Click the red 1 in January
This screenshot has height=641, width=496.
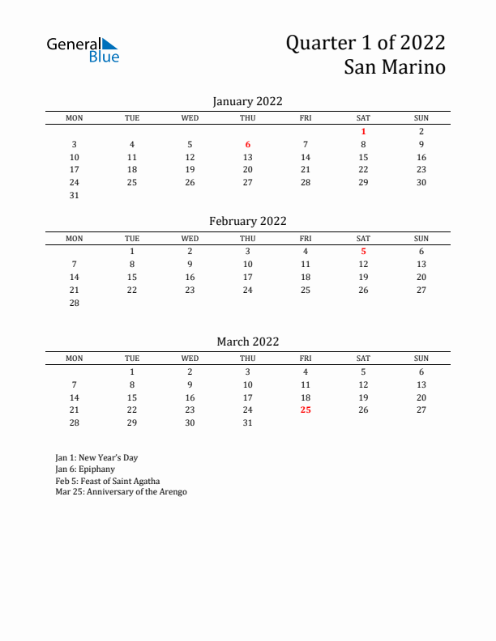pos(363,131)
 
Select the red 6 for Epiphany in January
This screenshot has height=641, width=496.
pos(248,144)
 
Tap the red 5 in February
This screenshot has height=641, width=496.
pos(363,251)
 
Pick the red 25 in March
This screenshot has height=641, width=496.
pos(306,410)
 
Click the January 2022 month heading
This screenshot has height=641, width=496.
pos(247,101)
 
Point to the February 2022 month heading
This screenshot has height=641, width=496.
pos(247,221)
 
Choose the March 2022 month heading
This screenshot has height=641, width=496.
pos(247,342)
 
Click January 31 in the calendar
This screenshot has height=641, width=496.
pos(74,195)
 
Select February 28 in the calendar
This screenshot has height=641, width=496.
pos(74,302)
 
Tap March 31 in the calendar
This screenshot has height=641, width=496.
pos(248,422)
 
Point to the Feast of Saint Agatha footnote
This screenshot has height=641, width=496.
pos(107,480)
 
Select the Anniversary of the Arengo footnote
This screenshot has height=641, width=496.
pos(121,491)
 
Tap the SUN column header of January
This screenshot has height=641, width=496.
pos(421,118)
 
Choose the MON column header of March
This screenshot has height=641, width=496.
pos(74,359)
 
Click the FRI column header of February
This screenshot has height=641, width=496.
pos(306,238)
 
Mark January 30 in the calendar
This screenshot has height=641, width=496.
pos(421,182)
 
